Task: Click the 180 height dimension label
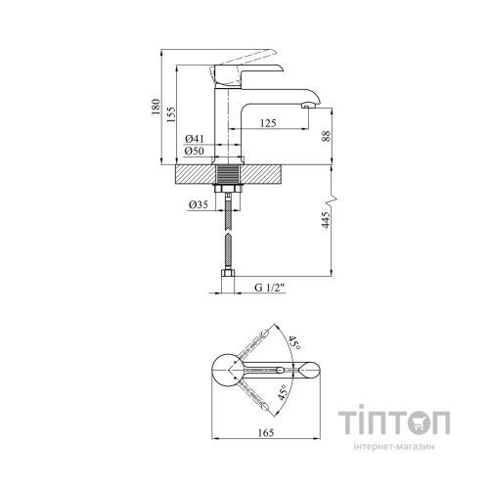coord(156,107)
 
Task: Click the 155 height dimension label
coord(171,114)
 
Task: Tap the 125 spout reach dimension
coord(268,123)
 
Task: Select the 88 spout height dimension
coord(327,136)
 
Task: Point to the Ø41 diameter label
coord(195,139)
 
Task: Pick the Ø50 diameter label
coord(195,151)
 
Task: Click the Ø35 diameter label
coord(199,204)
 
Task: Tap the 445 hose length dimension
coord(326,220)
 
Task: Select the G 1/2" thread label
coord(270,288)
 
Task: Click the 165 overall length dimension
coord(266,433)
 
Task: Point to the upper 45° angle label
coord(293,343)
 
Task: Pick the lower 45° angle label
coord(283,392)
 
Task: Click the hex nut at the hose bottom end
coord(228,273)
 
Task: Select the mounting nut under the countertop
coord(228,189)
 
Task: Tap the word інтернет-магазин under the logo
coord(394,446)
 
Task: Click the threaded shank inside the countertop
coord(228,174)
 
